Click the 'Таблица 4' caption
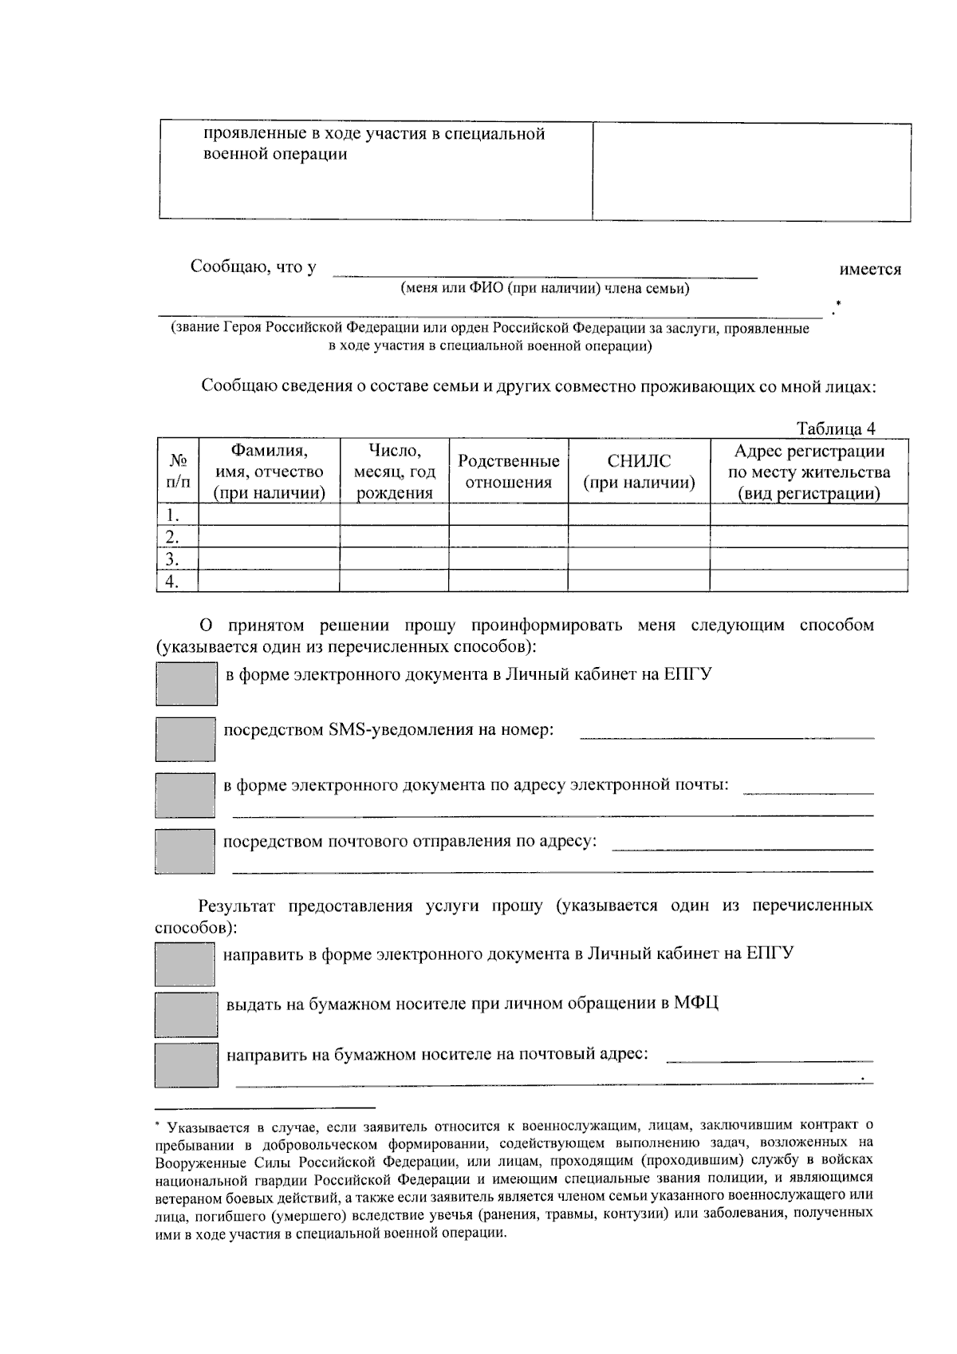[836, 428]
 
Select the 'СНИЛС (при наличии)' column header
[638, 472]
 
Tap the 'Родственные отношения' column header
[508, 472]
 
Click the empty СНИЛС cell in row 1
[638, 515]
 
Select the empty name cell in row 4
[269, 581]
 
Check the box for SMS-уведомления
[185, 739]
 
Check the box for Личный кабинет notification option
[186, 684]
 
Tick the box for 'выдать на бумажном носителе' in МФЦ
[186, 1014]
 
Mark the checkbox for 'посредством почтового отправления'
[185, 851]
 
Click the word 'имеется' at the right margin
[870, 270]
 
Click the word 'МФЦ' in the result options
[695, 1003]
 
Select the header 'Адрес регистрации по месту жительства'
[809, 472]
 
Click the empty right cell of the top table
[751, 172]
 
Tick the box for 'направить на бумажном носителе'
[186, 1065]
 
